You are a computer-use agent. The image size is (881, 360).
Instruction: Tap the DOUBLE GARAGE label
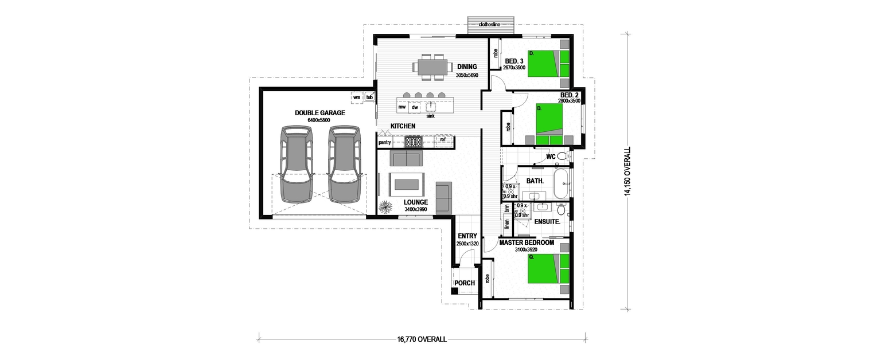point(319,113)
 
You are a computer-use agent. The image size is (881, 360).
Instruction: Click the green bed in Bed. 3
point(543,63)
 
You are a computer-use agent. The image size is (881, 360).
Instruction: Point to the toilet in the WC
point(562,156)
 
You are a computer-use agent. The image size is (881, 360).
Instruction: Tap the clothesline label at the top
point(490,25)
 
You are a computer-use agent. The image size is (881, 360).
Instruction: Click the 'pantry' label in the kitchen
point(384,142)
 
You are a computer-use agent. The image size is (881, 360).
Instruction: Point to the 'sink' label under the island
point(430,116)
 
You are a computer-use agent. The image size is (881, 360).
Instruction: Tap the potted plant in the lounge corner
point(386,205)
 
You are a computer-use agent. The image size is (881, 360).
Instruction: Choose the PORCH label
point(464,283)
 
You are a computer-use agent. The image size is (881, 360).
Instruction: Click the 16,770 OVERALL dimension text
point(422,339)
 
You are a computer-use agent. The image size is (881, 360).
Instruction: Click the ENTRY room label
point(467,236)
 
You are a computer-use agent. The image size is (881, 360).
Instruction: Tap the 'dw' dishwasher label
point(415,107)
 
